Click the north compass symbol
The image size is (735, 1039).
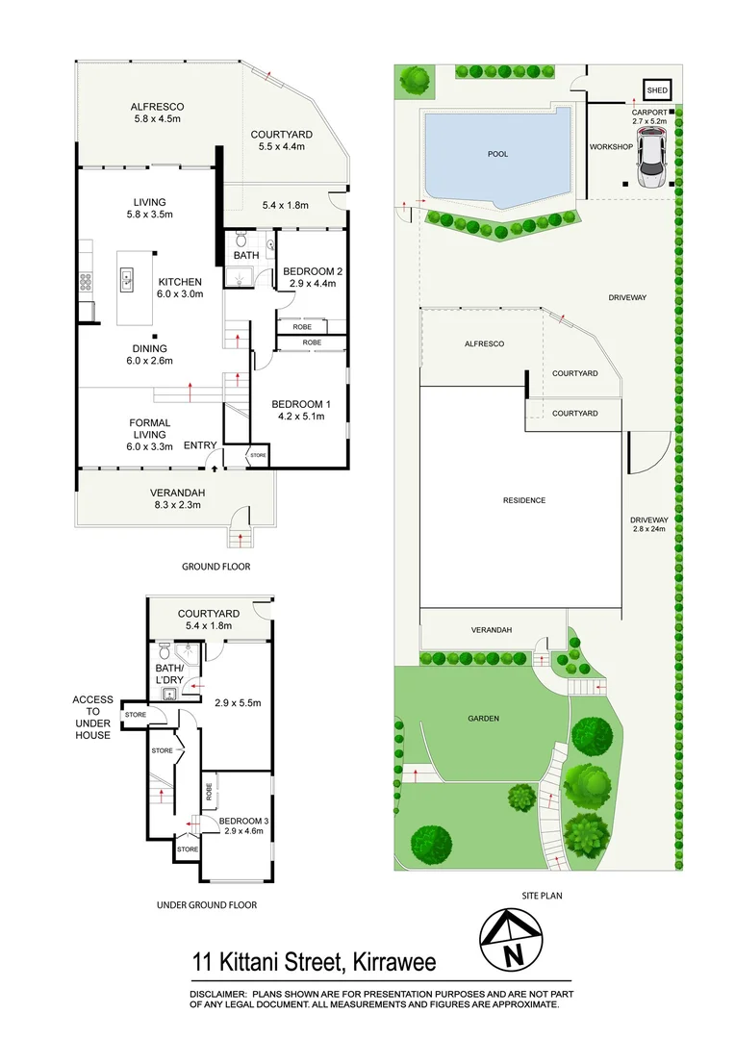[512, 940]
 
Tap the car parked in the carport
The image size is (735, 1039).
[651, 160]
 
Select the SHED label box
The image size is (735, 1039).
[657, 90]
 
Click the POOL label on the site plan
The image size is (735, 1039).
[497, 154]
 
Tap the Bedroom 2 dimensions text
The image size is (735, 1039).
[309, 284]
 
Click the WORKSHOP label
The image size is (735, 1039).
[611, 146]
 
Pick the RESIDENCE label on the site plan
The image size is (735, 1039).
[524, 500]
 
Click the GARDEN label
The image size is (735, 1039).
[482, 718]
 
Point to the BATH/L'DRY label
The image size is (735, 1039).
[169, 672]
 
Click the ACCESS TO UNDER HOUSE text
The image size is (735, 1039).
[92, 718]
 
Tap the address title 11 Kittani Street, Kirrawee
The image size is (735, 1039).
[314, 963]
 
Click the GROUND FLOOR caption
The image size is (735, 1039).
[216, 567]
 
